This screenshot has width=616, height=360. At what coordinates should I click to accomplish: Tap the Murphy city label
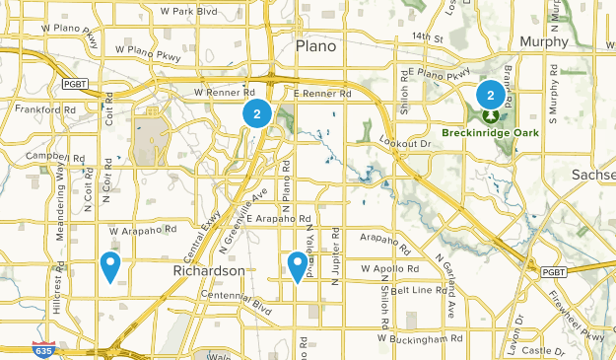pyautogui.click(x=543, y=41)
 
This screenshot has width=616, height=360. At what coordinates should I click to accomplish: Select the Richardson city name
pyautogui.click(x=208, y=270)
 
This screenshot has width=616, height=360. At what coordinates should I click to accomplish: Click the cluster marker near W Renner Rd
pyautogui.click(x=256, y=113)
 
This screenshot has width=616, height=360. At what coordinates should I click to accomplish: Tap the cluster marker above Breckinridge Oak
pyautogui.click(x=490, y=95)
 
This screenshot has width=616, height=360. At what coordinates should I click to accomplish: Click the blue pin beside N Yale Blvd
pyautogui.click(x=297, y=264)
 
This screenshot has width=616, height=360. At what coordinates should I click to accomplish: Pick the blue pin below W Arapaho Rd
pyautogui.click(x=110, y=264)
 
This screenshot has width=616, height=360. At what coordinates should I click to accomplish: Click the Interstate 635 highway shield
pyautogui.click(x=68, y=349)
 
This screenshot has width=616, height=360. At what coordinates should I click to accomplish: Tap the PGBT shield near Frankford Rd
pyautogui.click(x=75, y=85)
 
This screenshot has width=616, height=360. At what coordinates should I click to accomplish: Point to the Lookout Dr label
pyautogui.click(x=412, y=144)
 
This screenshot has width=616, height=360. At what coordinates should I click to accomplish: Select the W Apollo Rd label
pyautogui.click(x=389, y=267)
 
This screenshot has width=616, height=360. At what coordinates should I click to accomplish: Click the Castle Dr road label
pyautogui.click(x=541, y=350)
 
